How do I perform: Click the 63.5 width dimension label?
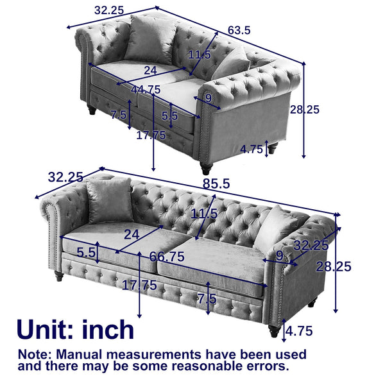point(239,30)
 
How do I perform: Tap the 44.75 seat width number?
point(145,89)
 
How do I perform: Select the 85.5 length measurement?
point(217,183)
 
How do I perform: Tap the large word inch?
point(108,329)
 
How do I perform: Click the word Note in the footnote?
point(33,354)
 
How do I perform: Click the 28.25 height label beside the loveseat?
point(320,109)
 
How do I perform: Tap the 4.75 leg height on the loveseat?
point(252,149)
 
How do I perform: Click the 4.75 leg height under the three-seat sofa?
point(299,332)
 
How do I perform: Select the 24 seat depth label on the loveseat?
point(150,70)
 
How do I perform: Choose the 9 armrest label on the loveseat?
point(208,98)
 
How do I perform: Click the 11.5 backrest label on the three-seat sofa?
point(204,213)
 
